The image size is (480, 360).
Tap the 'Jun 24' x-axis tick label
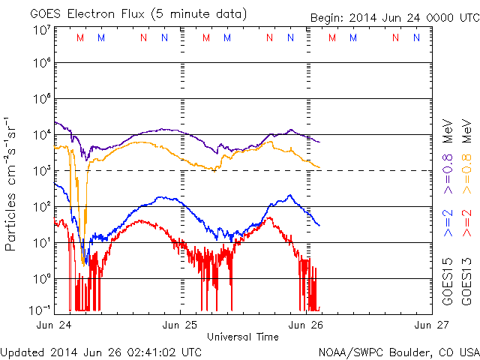click(54, 324)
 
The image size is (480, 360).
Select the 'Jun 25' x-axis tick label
click(181, 324)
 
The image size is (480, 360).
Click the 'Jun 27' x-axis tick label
click(433, 324)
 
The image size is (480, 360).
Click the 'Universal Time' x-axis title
click(243, 337)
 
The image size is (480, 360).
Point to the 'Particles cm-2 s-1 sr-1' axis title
click(11, 183)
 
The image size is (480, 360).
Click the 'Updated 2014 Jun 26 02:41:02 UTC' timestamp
click(101, 351)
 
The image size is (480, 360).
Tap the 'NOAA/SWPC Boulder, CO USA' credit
click(398, 351)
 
